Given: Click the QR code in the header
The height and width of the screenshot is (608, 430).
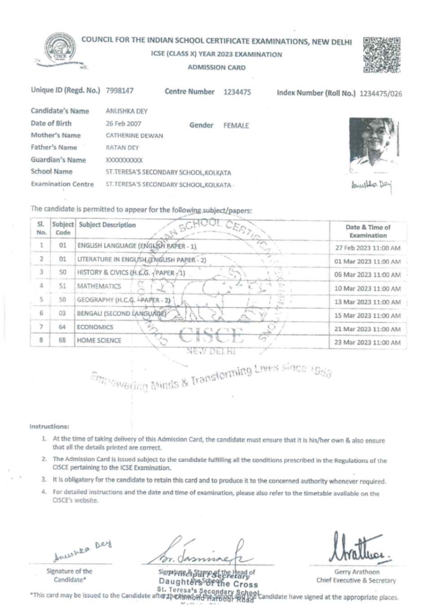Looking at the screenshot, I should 382,55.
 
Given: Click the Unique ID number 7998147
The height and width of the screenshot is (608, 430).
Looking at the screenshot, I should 120,91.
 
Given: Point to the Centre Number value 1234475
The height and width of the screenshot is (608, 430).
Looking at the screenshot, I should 237,92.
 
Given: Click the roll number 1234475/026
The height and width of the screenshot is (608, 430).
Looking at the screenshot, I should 381,94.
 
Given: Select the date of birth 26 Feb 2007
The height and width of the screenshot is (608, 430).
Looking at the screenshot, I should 123,123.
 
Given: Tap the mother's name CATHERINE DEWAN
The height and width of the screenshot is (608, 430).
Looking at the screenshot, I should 135,136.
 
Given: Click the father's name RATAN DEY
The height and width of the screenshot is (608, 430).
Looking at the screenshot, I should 123,148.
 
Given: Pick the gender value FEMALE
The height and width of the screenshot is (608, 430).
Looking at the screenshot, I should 236,126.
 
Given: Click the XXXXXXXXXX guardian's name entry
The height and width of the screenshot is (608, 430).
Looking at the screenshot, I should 124,160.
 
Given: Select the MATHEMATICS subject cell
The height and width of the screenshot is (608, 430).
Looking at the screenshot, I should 99,286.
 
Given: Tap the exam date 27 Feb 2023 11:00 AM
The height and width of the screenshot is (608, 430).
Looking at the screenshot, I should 368,248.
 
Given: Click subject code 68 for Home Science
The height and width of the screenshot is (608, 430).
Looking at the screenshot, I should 62,340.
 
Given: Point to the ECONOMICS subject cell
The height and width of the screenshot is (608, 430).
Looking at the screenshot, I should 95,327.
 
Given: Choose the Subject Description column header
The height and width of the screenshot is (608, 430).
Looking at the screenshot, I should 107,225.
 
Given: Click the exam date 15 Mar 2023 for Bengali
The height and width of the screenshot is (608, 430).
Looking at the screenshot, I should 368,316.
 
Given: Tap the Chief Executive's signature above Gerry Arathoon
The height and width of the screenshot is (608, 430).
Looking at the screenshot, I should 359,549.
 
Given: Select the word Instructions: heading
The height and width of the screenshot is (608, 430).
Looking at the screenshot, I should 49,426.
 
